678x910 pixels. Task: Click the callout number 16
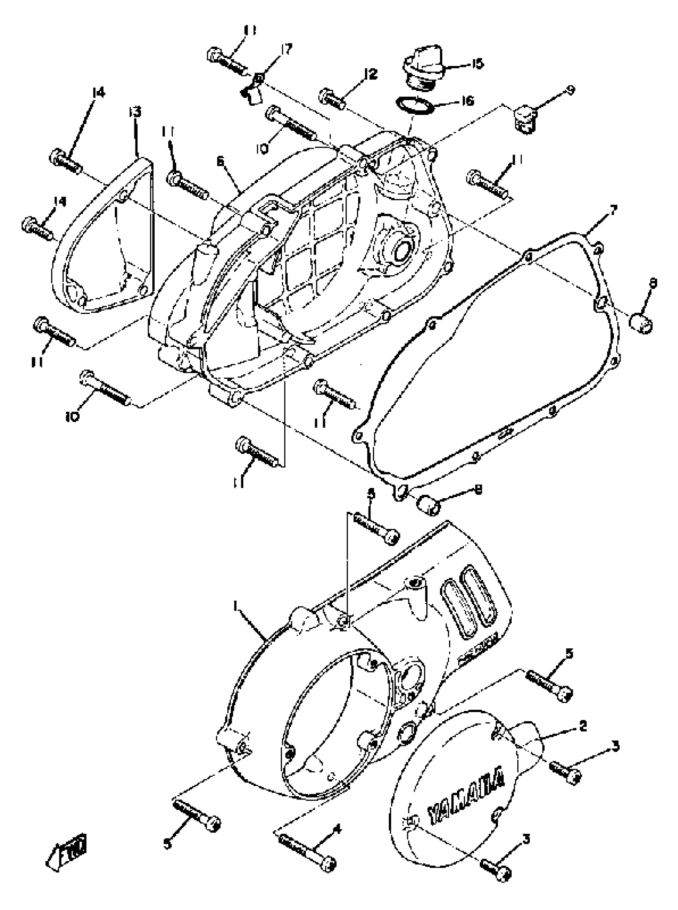point(467,101)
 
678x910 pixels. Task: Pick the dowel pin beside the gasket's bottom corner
point(429,503)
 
